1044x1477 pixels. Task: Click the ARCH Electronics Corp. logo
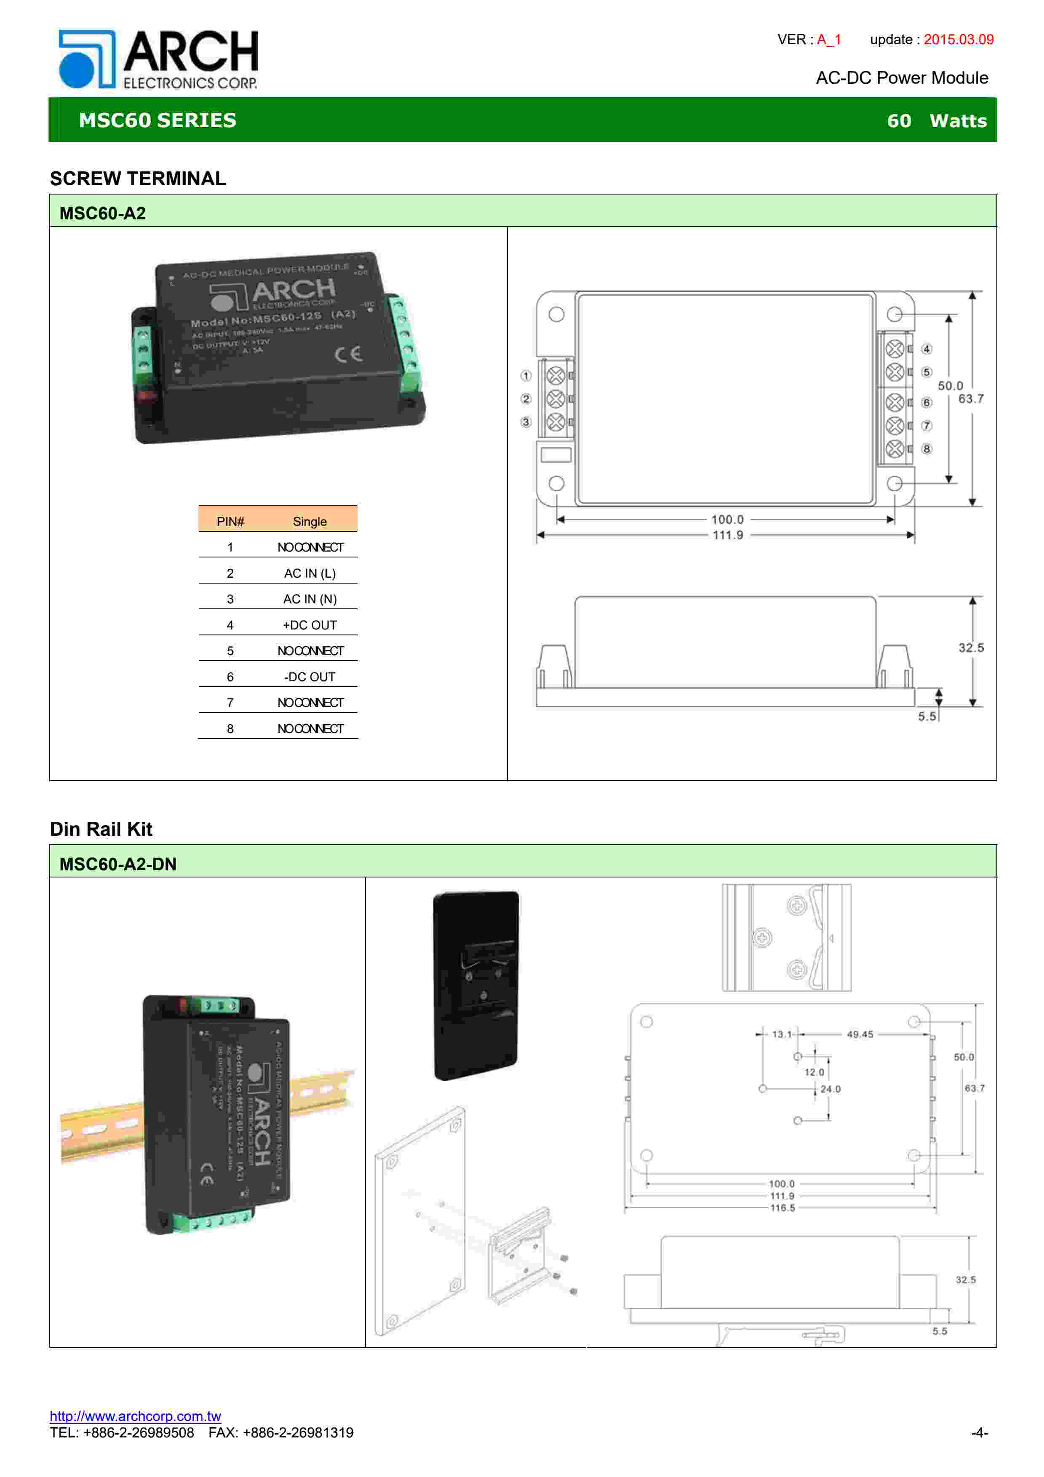158,59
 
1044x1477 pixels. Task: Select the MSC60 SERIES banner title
158,120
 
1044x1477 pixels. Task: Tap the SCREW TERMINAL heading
138,178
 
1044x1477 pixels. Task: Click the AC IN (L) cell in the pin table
310,573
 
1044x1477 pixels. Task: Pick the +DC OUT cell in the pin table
310,625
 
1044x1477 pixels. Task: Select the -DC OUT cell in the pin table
310,677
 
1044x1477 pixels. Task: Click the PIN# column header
230,522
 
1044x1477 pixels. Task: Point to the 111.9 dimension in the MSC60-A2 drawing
728,535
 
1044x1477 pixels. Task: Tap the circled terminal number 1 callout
526,376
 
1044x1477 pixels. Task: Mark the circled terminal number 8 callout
926,449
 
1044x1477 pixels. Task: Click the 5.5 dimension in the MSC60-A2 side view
926,716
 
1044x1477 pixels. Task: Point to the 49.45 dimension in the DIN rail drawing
860,1034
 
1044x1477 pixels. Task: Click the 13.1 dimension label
782,1034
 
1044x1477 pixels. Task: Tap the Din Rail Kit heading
101,829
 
